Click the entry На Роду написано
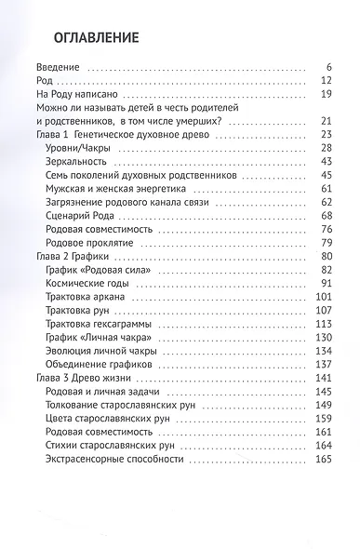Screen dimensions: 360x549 click(x=76, y=94)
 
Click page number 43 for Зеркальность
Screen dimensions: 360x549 click(x=325, y=161)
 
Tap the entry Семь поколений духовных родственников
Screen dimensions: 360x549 click(x=127, y=175)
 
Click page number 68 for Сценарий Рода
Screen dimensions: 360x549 click(x=325, y=215)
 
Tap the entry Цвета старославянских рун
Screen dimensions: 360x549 click(x=107, y=418)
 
